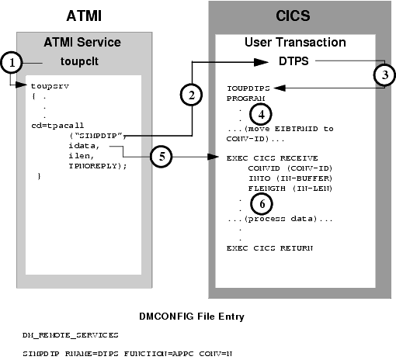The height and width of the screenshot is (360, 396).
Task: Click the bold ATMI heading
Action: [x=75, y=13]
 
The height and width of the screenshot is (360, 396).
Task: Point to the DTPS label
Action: [x=294, y=61]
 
